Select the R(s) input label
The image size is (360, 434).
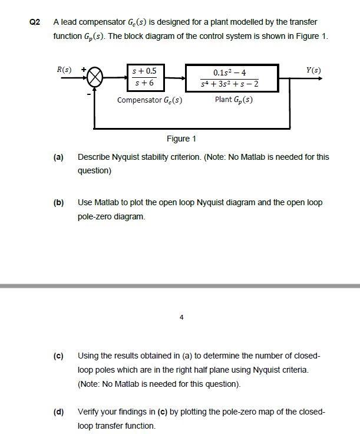(65, 71)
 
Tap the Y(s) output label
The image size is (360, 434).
(313, 71)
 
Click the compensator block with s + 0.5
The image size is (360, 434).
(144, 77)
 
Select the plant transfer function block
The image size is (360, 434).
(230, 77)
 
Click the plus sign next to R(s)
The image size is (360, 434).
(84, 70)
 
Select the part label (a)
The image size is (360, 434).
(58, 157)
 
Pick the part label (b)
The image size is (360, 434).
(58, 203)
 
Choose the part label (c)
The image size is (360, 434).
(58, 356)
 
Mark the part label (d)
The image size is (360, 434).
(58, 412)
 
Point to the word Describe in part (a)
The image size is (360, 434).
(94, 157)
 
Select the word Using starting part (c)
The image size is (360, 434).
(89, 356)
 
